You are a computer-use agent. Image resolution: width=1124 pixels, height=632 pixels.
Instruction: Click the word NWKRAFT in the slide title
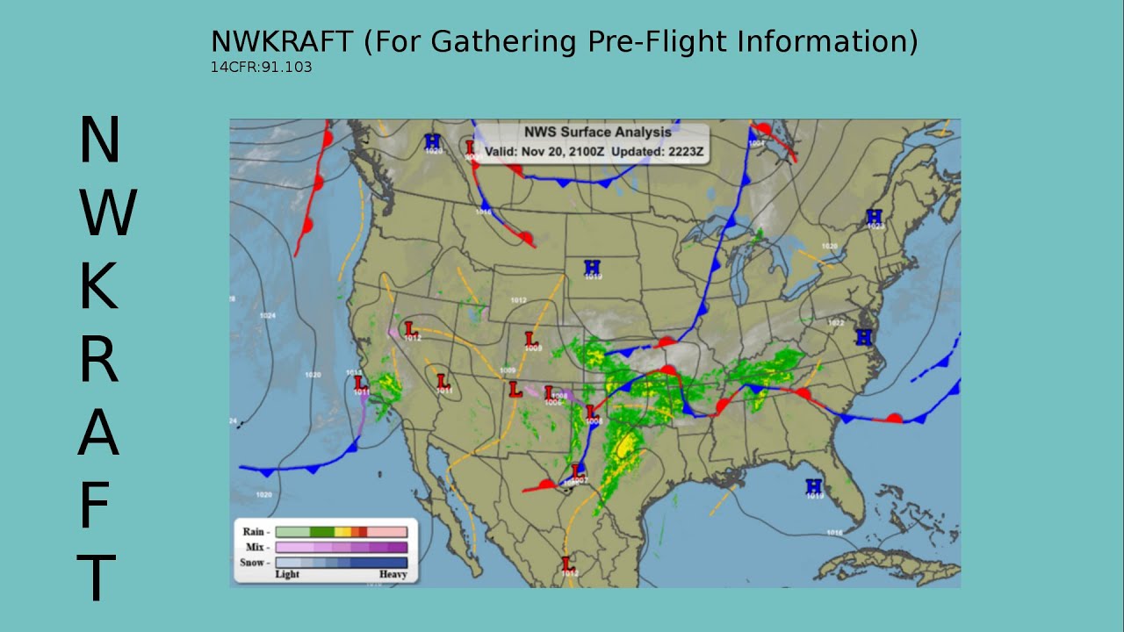(281, 41)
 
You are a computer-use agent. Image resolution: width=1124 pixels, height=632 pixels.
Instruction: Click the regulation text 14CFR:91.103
(261, 67)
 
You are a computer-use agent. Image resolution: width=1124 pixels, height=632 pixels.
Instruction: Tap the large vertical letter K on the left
(98, 287)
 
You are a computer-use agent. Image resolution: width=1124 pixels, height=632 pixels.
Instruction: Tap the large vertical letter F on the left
(98, 505)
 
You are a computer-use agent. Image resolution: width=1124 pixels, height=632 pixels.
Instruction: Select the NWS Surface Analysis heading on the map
(597, 133)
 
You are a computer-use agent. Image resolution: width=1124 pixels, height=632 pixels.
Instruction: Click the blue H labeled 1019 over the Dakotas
(593, 267)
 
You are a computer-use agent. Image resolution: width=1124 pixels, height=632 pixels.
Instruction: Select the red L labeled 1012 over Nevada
(410, 328)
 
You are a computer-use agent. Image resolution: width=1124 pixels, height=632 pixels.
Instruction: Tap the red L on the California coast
(360, 383)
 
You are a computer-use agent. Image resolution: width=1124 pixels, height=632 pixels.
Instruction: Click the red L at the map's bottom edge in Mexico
(567, 563)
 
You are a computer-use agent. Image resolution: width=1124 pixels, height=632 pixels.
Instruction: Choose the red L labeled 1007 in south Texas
(577, 471)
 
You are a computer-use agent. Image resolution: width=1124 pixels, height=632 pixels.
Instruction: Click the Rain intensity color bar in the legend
(341, 532)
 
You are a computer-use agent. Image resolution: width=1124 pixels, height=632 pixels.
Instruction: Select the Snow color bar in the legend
(341, 563)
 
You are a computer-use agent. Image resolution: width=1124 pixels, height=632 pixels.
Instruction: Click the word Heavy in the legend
(393, 575)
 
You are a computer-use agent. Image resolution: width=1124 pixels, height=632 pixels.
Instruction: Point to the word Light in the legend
(287, 575)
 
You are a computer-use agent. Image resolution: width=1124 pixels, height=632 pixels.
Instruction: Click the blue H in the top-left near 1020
(432, 140)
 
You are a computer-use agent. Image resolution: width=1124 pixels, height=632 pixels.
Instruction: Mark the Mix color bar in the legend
(341, 547)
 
